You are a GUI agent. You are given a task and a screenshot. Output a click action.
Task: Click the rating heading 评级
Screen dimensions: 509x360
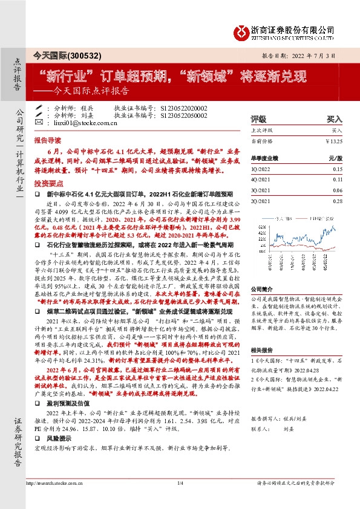258,120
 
